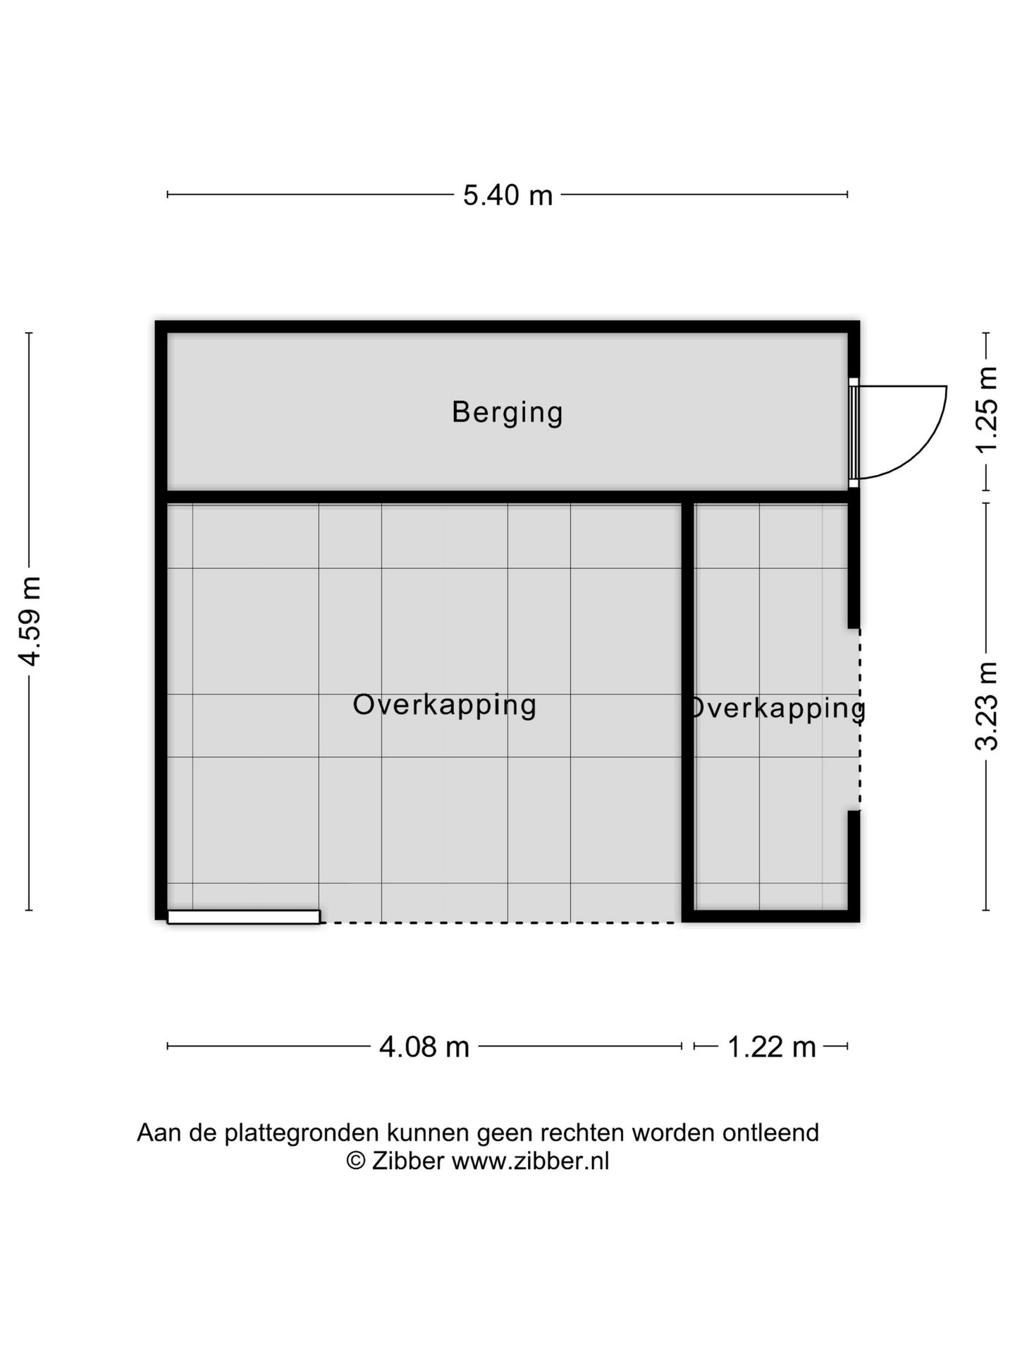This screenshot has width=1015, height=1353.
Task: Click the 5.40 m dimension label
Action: [508, 195]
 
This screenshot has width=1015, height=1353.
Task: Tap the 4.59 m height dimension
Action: [30, 620]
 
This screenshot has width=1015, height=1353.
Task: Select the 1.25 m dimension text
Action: [987, 411]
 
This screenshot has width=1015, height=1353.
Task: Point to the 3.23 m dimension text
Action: [987, 706]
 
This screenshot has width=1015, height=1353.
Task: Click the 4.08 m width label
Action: [424, 1047]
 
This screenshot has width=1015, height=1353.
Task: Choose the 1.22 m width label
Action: [771, 1047]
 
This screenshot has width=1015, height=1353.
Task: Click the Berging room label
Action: [508, 412]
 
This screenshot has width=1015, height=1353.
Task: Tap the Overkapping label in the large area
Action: [444, 705]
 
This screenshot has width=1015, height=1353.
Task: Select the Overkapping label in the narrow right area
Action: [775, 708]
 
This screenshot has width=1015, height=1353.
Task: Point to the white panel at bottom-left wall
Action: [243, 917]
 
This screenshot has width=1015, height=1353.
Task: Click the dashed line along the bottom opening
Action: [500, 922]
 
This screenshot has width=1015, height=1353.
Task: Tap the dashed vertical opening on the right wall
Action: [859, 719]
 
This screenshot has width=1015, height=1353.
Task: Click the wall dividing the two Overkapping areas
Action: [688, 705]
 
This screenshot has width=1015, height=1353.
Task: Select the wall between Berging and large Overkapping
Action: [423, 497]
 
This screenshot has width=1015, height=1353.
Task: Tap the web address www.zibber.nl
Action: [530, 1161]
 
